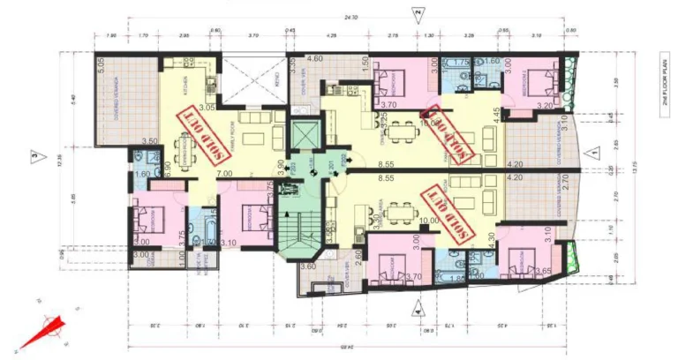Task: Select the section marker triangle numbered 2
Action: (418, 13)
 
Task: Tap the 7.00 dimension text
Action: (224, 175)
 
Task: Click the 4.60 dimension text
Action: (314, 58)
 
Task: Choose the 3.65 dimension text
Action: (544, 271)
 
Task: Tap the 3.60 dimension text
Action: (307, 266)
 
